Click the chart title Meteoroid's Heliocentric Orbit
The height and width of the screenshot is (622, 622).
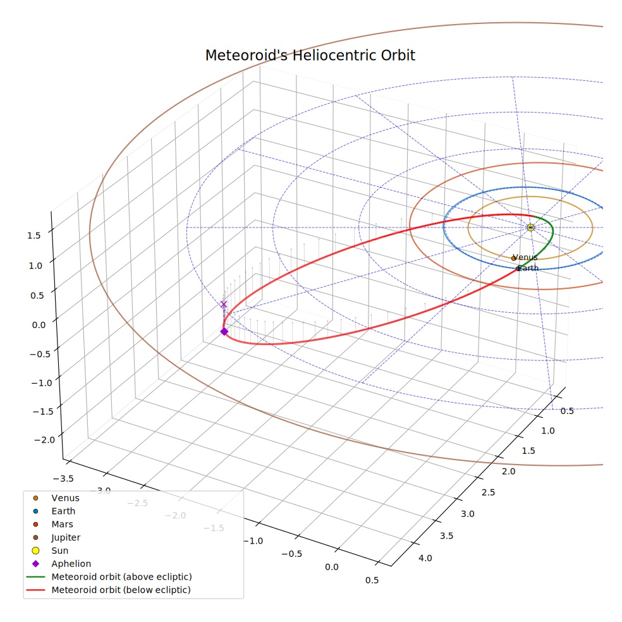pos(310,55)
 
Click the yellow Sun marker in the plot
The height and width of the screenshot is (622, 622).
pos(530,228)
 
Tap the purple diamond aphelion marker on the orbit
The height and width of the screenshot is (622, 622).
pos(224,331)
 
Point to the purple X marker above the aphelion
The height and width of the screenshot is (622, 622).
pos(224,304)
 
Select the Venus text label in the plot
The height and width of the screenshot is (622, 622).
pos(525,257)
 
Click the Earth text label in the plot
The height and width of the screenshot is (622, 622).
pos(528,268)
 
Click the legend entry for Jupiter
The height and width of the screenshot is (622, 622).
pos(66,537)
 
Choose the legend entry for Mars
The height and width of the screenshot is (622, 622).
pos(63,525)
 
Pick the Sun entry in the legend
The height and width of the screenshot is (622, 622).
pos(60,551)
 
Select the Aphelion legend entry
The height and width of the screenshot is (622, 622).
pos(71,564)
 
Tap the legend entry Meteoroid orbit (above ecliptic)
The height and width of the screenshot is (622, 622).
pos(122,576)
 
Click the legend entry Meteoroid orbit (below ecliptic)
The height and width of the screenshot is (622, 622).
pos(121,590)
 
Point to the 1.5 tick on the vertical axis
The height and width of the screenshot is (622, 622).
pos(34,236)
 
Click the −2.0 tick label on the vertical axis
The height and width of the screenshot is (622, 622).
pos(45,440)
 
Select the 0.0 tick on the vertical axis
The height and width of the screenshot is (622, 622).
pos(39,326)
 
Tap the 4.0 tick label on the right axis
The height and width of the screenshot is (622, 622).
pos(425,558)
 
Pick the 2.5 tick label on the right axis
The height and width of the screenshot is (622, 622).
pos(489,492)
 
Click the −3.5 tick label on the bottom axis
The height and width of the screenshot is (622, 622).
pos(63,479)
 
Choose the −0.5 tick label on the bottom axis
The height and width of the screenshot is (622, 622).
pos(291,554)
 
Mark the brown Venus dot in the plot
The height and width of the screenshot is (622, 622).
pos(513,259)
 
